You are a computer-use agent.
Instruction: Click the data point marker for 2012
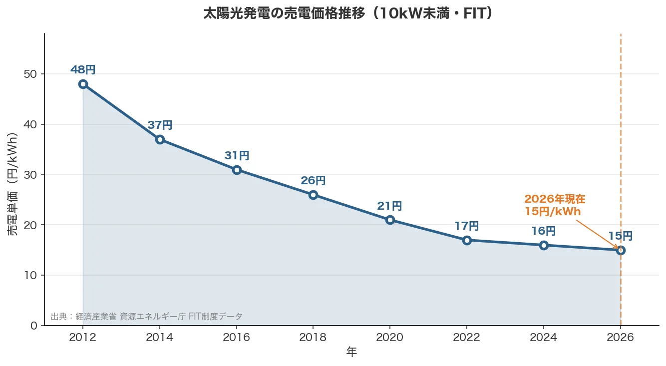tap(83, 84)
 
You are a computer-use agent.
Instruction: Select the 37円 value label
tap(160, 125)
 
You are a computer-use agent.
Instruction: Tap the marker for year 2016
tap(237, 170)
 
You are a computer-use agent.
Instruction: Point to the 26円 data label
tap(313, 181)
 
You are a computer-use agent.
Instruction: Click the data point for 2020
tap(390, 220)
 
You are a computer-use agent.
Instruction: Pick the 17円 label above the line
tap(466, 226)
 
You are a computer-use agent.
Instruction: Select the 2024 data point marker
tap(544, 245)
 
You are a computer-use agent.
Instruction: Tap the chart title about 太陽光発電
tap(348, 13)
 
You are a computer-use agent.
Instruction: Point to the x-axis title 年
tap(351, 353)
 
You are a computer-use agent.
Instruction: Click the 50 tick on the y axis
tap(30, 74)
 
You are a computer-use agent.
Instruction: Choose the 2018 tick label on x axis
tap(313, 338)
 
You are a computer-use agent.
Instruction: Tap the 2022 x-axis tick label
tap(466, 338)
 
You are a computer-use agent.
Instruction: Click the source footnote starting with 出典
tap(146, 317)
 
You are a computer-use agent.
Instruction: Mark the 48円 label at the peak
tap(83, 70)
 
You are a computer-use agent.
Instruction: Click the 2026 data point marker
tap(621, 250)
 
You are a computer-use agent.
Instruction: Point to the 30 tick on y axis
tap(30, 175)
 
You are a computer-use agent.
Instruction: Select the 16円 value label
tap(543, 231)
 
